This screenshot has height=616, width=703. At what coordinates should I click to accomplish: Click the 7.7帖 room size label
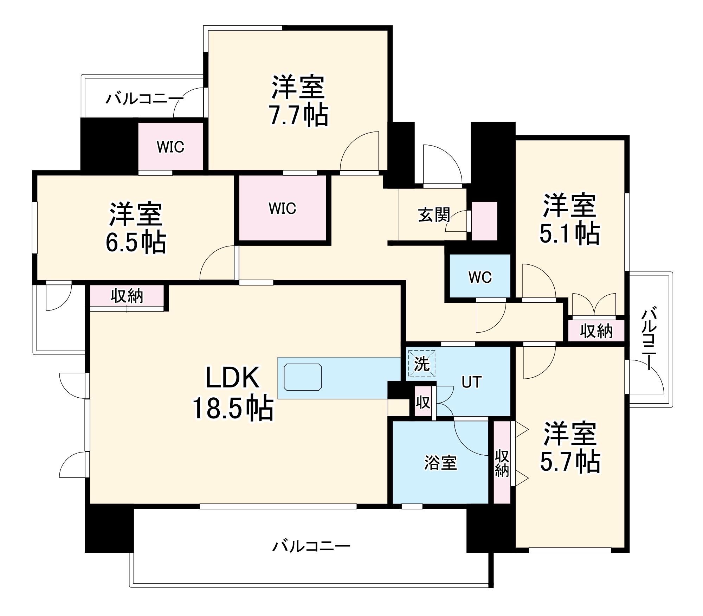click(x=299, y=115)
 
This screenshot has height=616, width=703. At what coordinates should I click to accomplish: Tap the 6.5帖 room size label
click(x=136, y=242)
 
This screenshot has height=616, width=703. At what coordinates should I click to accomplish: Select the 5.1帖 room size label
click(x=569, y=233)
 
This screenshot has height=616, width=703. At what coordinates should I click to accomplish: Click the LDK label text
click(x=233, y=377)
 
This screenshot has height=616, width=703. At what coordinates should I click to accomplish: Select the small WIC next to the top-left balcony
click(x=170, y=147)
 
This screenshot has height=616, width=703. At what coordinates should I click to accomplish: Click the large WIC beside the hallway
click(x=282, y=208)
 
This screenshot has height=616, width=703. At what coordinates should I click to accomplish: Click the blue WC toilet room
click(x=480, y=277)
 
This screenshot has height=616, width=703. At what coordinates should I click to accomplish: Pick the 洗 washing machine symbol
click(x=421, y=364)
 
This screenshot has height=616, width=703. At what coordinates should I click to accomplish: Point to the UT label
click(x=471, y=382)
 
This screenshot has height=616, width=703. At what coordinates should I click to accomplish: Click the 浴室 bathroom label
click(x=440, y=463)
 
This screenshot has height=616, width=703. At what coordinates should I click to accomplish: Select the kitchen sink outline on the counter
click(x=303, y=377)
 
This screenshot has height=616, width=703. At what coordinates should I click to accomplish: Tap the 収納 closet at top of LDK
click(x=127, y=296)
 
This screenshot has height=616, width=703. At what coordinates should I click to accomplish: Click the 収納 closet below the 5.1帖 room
click(x=596, y=331)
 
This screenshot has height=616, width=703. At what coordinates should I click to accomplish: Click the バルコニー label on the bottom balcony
click(x=311, y=546)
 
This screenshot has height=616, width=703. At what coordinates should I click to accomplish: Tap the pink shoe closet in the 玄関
click(x=484, y=221)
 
